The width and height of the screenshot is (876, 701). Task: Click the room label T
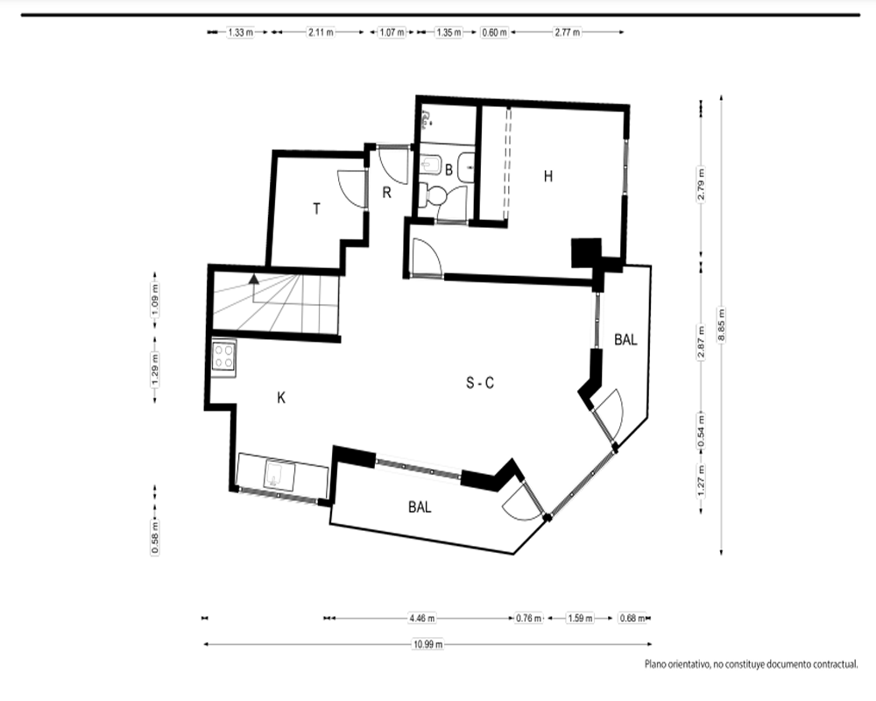click(x=317, y=209)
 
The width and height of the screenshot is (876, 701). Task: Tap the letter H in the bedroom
click(x=548, y=177)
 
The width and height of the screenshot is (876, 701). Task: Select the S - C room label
click(x=480, y=383)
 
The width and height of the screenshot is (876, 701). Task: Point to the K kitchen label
click(x=281, y=398)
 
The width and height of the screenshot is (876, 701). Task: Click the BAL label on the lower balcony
click(x=420, y=507)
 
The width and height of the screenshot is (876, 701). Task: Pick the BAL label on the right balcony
click(x=625, y=339)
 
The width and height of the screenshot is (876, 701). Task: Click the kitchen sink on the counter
click(x=280, y=476)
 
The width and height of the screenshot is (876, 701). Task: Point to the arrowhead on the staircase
click(x=254, y=279)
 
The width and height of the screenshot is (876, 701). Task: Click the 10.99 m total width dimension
click(x=428, y=644)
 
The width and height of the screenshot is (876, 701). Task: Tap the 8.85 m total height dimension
click(x=721, y=325)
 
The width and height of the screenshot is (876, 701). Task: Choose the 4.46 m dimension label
click(x=422, y=619)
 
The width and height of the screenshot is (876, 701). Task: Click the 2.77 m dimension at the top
click(x=567, y=32)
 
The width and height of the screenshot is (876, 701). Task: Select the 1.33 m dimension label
click(x=240, y=32)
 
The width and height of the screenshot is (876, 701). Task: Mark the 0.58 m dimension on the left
click(x=155, y=537)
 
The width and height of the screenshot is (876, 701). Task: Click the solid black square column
click(x=586, y=253)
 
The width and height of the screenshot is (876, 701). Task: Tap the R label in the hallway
click(x=386, y=193)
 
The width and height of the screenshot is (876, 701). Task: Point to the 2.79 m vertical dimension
click(x=701, y=185)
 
